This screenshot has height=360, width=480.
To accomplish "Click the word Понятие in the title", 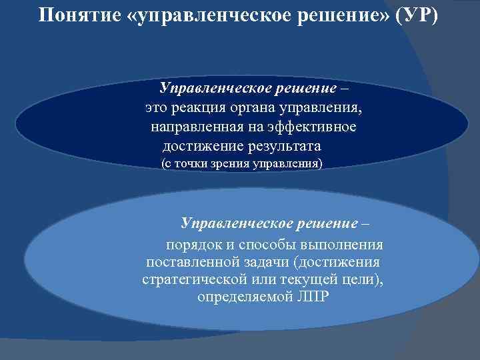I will coord(79,15).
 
